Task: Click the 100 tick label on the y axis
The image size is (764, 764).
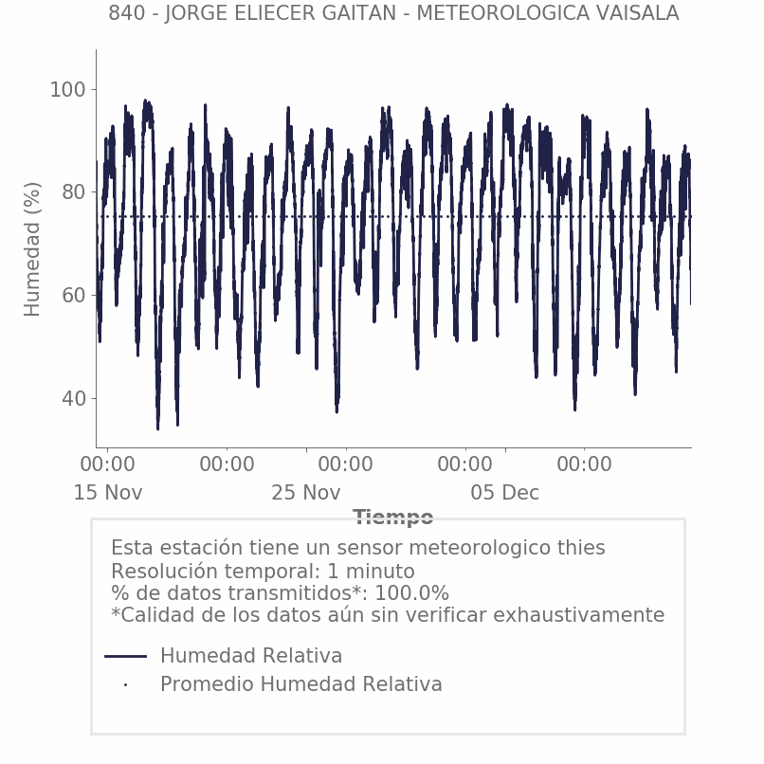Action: tap(67, 90)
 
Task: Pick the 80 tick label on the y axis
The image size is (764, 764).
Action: tap(73, 192)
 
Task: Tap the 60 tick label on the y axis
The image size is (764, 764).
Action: tap(73, 296)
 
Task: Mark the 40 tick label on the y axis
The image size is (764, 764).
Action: tap(73, 399)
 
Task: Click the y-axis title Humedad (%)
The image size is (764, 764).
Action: tap(33, 248)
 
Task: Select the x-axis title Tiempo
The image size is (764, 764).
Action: tap(393, 518)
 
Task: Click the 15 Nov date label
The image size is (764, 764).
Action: tap(108, 493)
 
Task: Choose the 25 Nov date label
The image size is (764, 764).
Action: tap(305, 493)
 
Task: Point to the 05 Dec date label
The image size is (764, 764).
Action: tap(505, 493)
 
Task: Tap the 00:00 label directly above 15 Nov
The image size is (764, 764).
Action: tap(107, 465)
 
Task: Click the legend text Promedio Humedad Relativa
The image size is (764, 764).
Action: tap(300, 684)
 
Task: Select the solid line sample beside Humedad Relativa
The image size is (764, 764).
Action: tap(125, 656)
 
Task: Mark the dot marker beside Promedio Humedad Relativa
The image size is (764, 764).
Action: tap(125, 684)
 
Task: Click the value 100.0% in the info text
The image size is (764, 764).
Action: tap(412, 593)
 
